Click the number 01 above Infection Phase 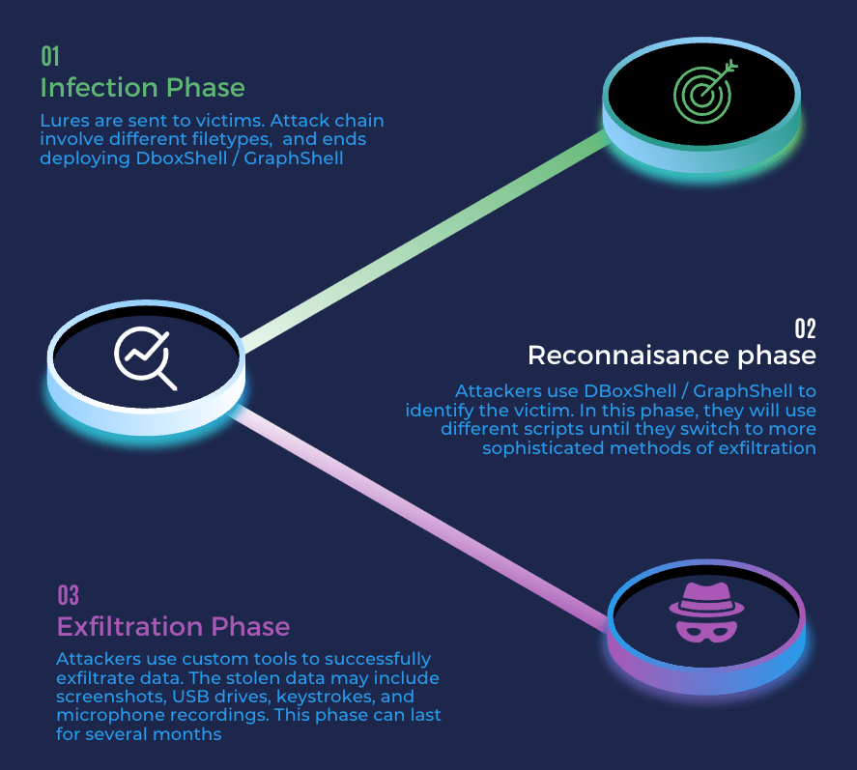tap(50, 56)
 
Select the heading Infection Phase tap(142, 88)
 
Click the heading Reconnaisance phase tap(671, 356)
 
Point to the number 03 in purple tap(68, 594)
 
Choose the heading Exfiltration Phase tap(173, 626)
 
